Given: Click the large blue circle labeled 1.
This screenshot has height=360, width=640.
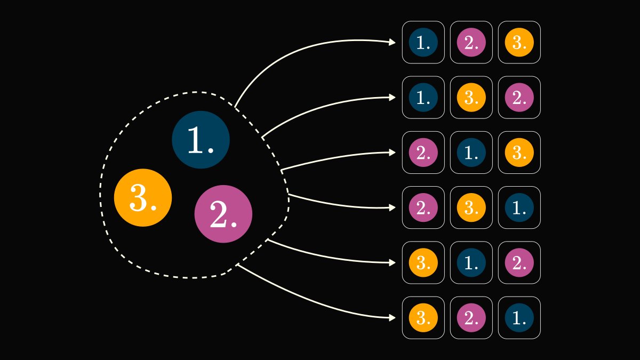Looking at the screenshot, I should click(x=201, y=140).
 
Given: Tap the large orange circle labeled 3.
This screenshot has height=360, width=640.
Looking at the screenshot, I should click(x=143, y=198).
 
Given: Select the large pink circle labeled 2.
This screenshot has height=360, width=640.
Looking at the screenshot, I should click(x=223, y=214).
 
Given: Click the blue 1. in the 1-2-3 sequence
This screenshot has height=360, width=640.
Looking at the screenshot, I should click(x=423, y=42).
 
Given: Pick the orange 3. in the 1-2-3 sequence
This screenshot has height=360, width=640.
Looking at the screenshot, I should click(x=519, y=42).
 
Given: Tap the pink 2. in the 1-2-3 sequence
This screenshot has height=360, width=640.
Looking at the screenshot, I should click(x=471, y=42).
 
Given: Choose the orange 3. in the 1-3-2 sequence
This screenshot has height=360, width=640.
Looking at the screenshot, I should click(x=471, y=98).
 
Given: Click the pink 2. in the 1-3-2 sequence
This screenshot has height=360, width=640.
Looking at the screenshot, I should click(x=519, y=98).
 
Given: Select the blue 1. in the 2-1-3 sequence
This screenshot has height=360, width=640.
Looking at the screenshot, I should click(x=471, y=153).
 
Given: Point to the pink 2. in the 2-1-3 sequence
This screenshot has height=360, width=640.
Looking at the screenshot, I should click(x=423, y=153).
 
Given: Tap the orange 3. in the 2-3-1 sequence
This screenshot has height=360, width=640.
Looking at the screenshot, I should click(x=471, y=207).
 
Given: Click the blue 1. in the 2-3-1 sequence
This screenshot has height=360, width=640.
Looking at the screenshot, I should click(x=519, y=207).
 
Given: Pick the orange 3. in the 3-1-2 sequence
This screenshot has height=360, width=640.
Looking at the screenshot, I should click(x=423, y=262).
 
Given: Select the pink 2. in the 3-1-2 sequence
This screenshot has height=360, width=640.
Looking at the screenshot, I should click(x=519, y=262).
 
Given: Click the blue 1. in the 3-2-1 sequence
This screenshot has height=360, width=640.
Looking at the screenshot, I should click(x=519, y=318).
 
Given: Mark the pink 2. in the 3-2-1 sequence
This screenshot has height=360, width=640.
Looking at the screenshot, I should click(x=471, y=318).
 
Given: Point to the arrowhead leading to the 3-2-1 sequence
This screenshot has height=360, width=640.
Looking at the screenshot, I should click(x=393, y=318).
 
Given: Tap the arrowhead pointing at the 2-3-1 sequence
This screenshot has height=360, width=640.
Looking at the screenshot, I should click(x=393, y=207).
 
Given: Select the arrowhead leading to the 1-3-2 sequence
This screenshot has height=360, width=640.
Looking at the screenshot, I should click(x=393, y=98).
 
